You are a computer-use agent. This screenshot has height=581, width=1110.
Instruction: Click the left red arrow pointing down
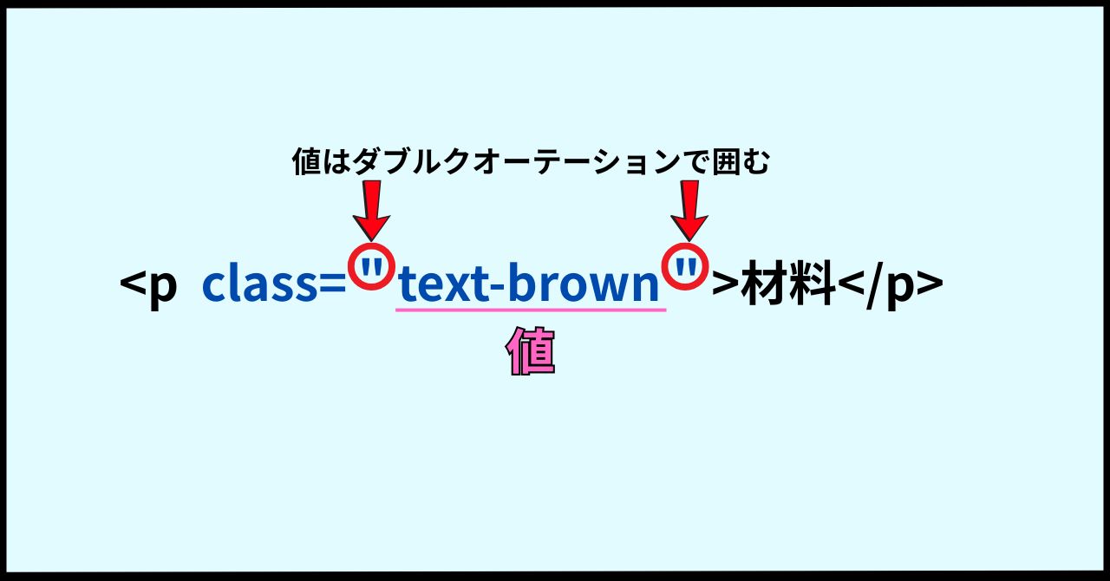[x=372, y=210]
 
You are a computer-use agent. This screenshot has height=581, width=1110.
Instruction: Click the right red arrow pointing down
[x=689, y=210]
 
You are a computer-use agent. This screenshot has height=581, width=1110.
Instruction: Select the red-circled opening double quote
[x=372, y=267]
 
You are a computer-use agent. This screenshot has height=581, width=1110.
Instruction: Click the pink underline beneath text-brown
[x=531, y=310]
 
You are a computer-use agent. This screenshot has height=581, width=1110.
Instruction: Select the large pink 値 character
[x=530, y=350]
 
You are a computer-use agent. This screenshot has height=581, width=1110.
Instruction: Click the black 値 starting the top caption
[x=307, y=161]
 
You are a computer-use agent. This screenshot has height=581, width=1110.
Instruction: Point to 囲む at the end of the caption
[x=741, y=161]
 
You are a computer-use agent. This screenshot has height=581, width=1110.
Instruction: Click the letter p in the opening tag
[x=162, y=289]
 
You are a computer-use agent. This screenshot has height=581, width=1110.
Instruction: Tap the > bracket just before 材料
[x=724, y=285]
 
